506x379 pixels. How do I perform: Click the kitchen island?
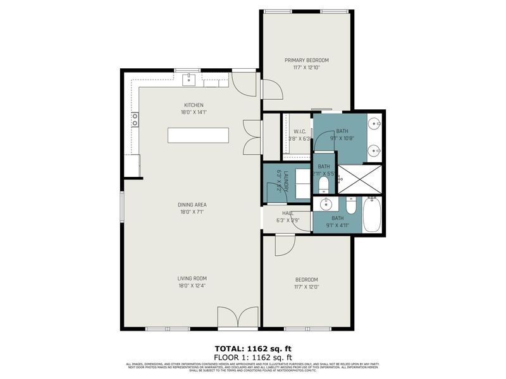(198, 136)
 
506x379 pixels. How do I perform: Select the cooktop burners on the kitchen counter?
(135, 119)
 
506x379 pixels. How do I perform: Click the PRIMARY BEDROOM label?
(306, 61)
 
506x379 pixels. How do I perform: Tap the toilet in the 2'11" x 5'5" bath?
(323, 184)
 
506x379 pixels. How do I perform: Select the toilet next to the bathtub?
(352, 206)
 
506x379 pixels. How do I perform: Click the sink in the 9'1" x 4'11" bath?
(326, 204)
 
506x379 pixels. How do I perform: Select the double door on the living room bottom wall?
(238, 318)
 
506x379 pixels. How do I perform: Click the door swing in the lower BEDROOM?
(284, 245)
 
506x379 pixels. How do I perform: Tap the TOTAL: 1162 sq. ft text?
(252, 348)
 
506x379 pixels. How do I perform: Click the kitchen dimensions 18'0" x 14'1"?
(194, 112)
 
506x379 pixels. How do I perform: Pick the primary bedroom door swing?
(271, 90)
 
